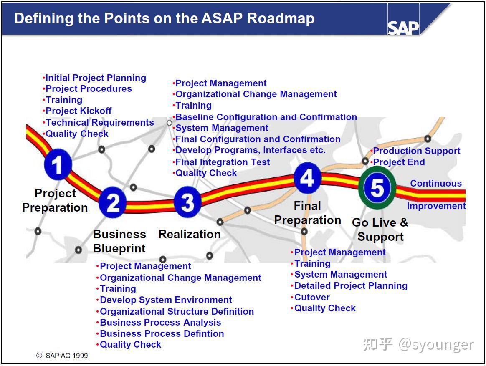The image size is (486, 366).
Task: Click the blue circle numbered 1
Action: [58, 165]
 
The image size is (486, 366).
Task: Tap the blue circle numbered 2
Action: [113, 203]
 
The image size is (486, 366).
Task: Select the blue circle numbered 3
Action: [187, 202]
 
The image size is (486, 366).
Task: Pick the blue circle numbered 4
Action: [307, 178]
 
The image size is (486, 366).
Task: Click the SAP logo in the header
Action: [403, 28]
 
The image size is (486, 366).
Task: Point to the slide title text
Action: [164, 18]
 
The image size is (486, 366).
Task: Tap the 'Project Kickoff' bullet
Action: [78, 111]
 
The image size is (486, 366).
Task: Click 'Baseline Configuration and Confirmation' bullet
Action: [266, 117]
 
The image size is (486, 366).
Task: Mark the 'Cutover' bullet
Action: [311, 298]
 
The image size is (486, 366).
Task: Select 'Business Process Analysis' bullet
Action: [160, 323]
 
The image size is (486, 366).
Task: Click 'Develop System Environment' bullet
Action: [165, 300]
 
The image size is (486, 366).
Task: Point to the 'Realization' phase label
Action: [189, 235]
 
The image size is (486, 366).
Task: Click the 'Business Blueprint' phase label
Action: [119, 241]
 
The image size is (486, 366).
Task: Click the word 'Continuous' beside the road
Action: [435, 184]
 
